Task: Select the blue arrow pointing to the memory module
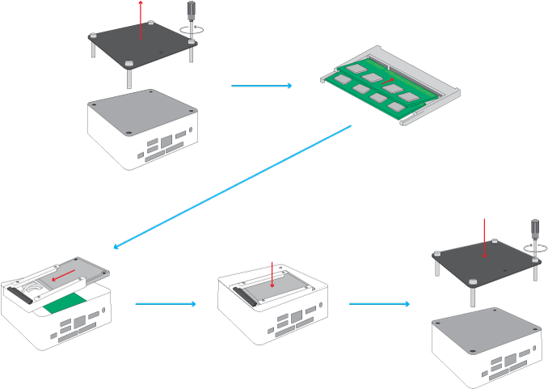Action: (261, 85)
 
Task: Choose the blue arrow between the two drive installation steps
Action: (166, 304)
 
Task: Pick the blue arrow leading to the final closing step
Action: (379, 304)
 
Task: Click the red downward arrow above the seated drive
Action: (274, 277)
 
